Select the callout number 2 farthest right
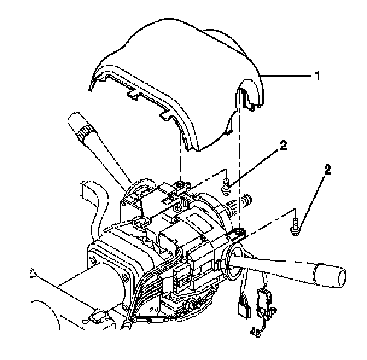pos(327,171)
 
